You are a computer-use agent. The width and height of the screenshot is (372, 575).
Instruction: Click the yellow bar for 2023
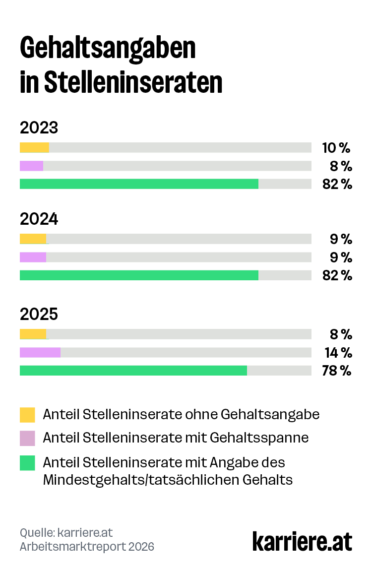(x=34, y=147)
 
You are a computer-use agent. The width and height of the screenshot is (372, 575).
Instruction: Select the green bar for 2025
(x=133, y=371)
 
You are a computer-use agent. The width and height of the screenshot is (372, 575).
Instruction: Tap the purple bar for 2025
(x=40, y=352)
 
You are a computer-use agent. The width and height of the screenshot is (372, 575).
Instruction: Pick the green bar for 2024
(x=139, y=275)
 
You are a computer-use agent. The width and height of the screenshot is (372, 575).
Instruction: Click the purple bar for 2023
(x=31, y=166)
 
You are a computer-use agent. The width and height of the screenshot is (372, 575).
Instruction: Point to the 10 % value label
(x=336, y=147)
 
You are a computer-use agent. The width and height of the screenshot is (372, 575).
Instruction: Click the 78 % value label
(x=337, y=371)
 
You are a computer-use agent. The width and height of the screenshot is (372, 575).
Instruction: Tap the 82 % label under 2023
(x=337, y=184)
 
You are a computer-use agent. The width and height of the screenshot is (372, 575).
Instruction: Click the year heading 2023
(x=39, y=128)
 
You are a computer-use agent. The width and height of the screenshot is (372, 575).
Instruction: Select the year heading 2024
(x=39, y=219)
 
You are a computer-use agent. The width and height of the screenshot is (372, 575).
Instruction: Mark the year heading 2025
(x=39, y=314)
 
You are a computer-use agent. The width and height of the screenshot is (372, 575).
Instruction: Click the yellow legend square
(x=27, y=414)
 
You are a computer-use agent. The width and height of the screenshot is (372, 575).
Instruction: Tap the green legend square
(x=27, y=463)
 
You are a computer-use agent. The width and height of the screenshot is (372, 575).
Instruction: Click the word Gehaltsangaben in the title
(x=108, y=49)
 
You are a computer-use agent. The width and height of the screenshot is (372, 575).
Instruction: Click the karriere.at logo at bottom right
(x=302, y=540)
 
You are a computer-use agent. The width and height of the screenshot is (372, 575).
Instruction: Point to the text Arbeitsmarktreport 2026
(x=87, y=547)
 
